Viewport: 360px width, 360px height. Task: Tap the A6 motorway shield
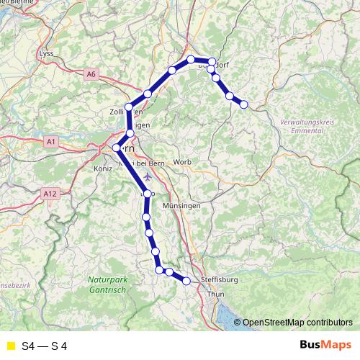(x=90, y=73)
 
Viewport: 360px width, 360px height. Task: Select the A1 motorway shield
(x=50, y=143)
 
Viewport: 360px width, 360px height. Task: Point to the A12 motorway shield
(x=49, y=194)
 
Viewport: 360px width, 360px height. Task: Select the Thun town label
(x=215, y=294)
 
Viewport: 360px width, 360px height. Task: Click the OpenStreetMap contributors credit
(x=297, y=323)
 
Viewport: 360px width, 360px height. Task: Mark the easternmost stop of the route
(x=243, y=104)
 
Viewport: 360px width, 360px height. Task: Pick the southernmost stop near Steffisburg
(x=186, y=281)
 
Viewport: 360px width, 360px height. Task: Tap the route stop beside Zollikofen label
(x=130, y=107)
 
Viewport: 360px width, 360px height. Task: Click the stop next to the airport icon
(x=147, y=193)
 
